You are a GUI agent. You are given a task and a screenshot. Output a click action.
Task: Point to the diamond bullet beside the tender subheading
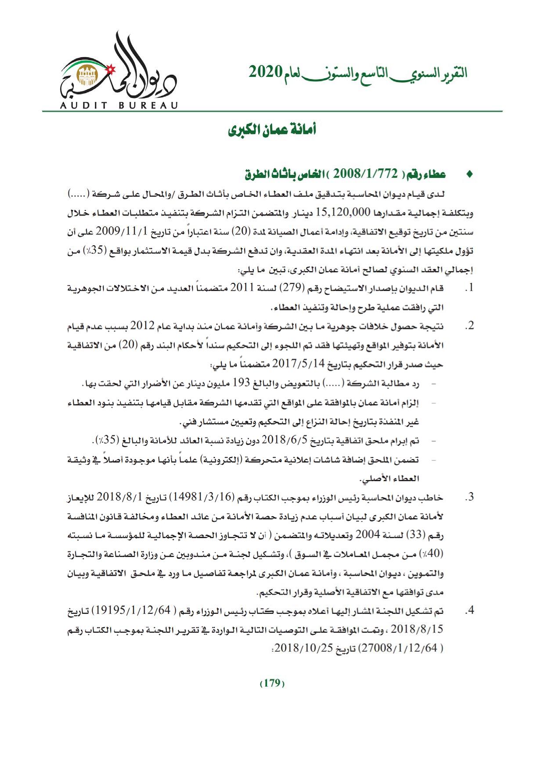coord(469,174)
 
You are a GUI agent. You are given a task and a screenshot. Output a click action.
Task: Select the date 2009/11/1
coord(117,231)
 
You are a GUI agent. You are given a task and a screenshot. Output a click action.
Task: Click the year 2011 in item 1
coord(242,288)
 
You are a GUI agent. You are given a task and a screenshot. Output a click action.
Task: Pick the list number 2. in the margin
coord(470,326)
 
